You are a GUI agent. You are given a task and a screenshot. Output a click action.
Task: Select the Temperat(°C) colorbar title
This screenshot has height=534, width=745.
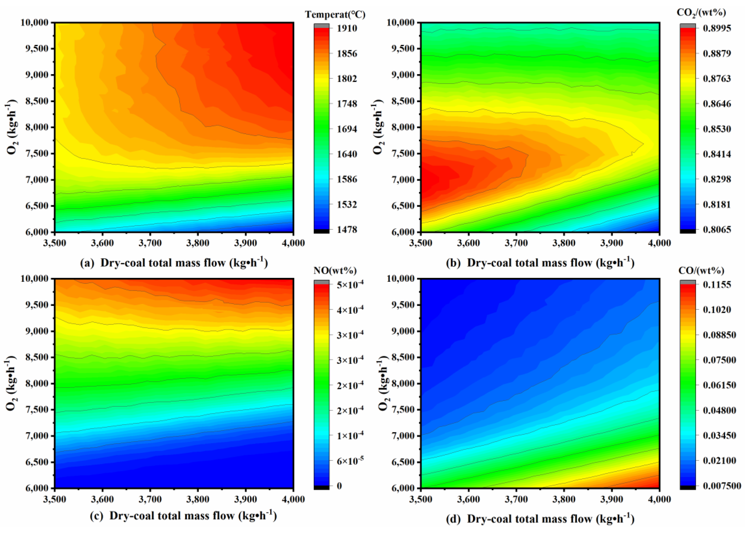click(x=335, y=15)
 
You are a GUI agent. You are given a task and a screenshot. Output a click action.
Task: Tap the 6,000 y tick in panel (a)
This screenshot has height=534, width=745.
click(x=37, y=232)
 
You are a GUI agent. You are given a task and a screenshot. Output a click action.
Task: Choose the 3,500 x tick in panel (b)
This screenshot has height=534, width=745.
click(x=421, y=243)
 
